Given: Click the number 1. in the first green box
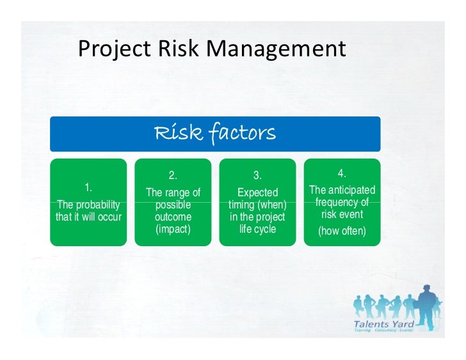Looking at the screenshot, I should [x=88, y=187].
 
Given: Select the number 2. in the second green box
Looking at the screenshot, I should [x=173, y=175].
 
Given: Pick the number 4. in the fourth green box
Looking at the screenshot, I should [x=342, y=173].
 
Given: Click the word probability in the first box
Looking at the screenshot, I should [x=97, y=205].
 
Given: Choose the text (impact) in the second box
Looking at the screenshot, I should [x=173, y=229].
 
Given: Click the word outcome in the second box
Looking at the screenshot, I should [x=173, y=217].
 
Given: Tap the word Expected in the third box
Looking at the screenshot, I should [x=257, y=192].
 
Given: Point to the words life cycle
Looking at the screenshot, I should [x=257, y=229].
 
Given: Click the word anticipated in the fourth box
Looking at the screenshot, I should [x=351, y=190].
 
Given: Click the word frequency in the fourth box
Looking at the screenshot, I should [x=342, y=202].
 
